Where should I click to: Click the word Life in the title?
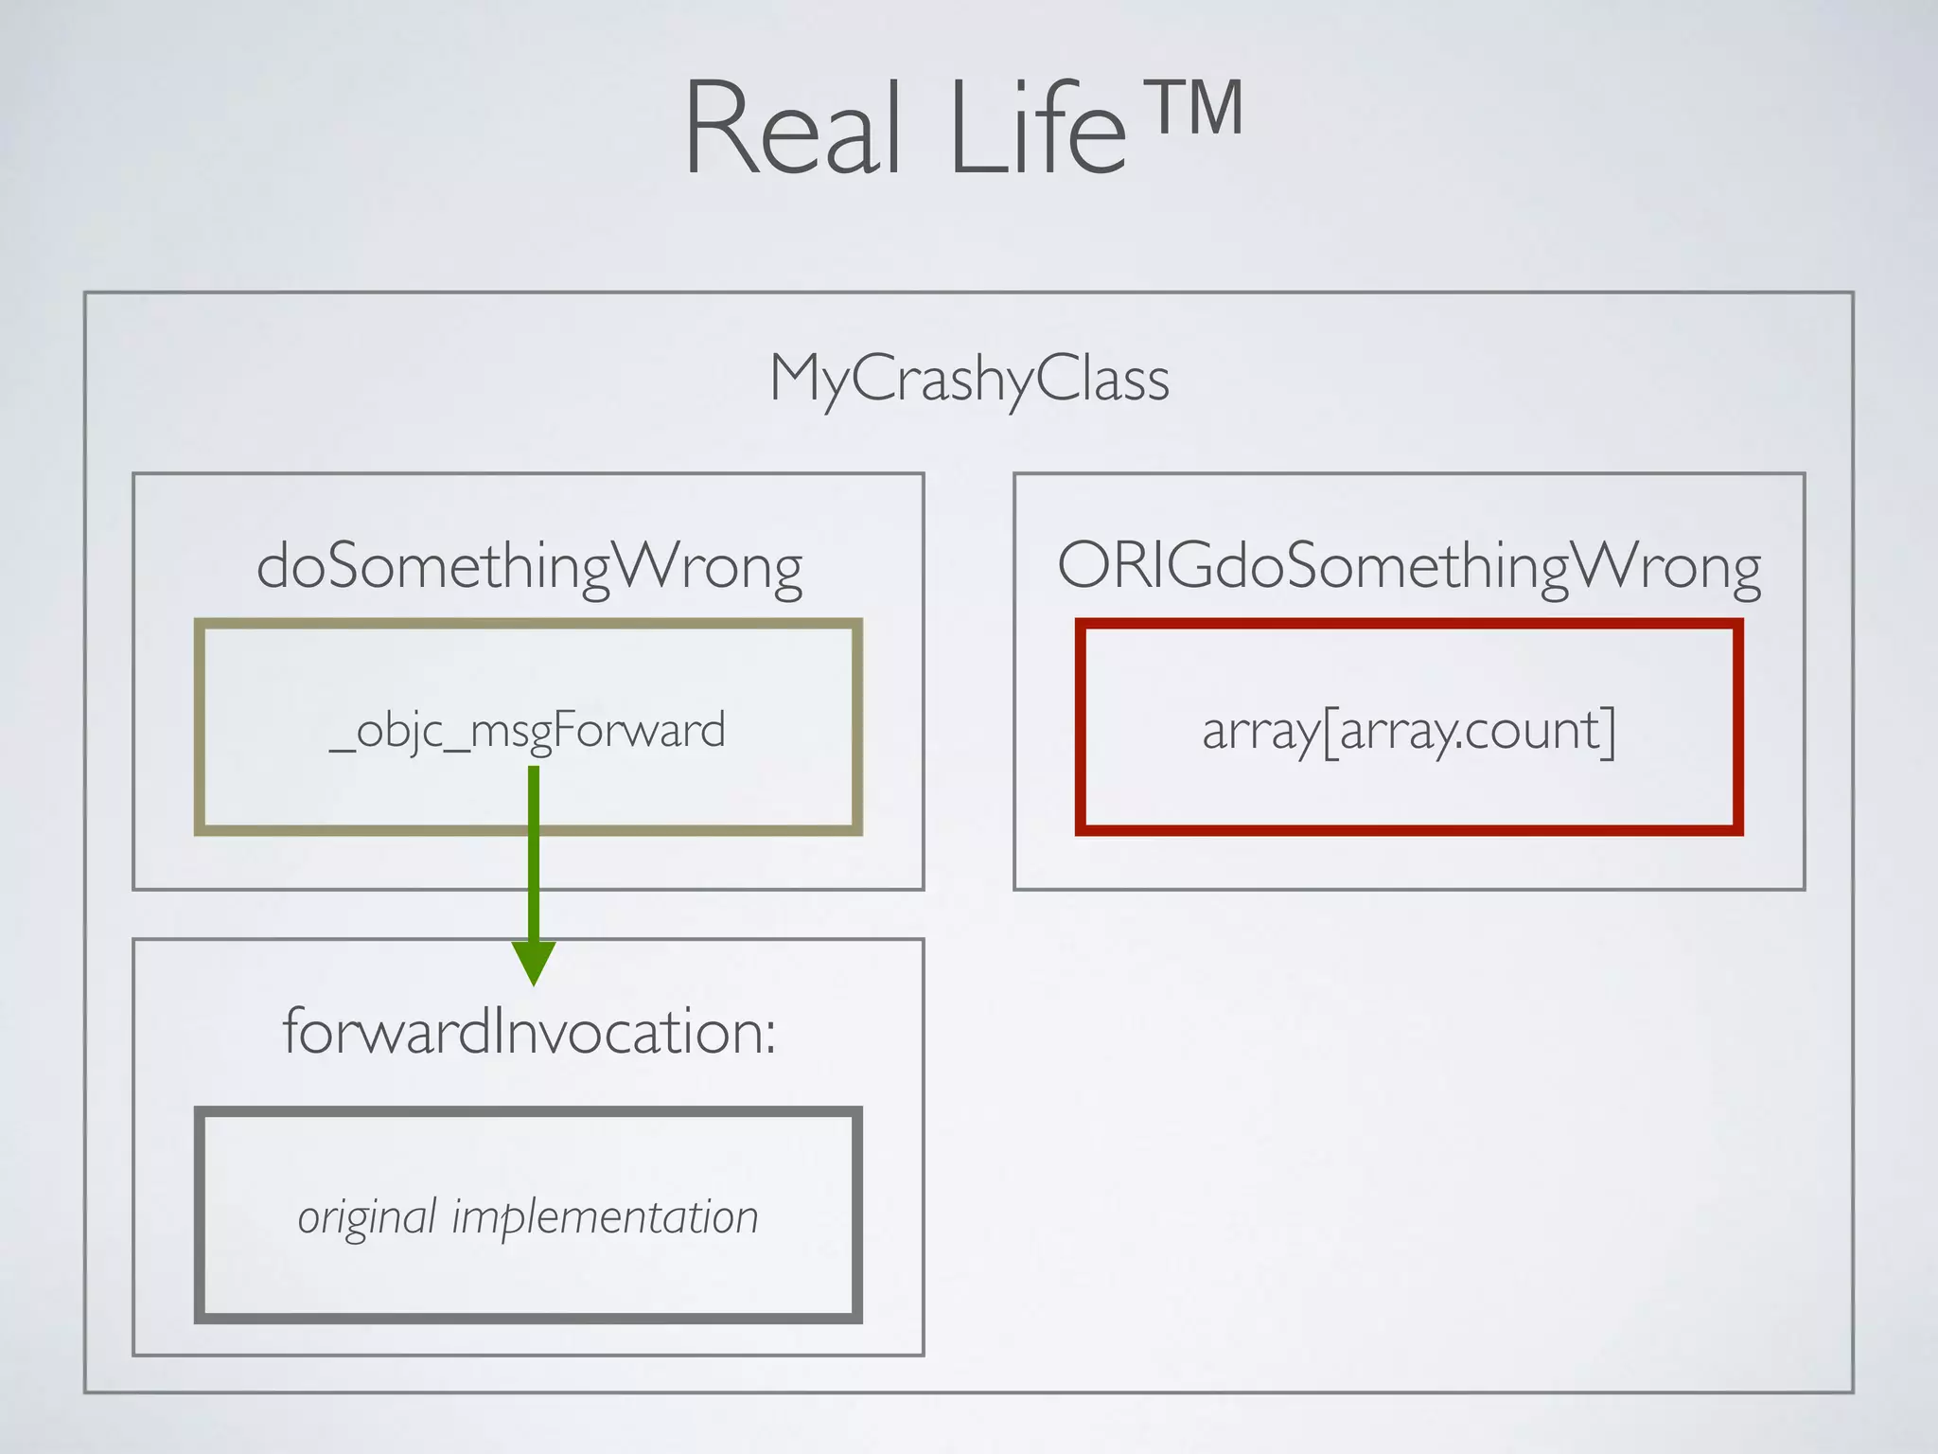[x=1038, y=128]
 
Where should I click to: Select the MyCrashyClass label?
[x=969, y=379]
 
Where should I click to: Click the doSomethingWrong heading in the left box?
[x=529, y=567]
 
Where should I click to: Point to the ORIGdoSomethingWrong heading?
[x=1409, y=567]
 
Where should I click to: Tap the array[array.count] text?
[x=1409, y=731]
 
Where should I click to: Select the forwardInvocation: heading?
[x=529, y=1031]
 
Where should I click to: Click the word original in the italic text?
[x=367, y=1217]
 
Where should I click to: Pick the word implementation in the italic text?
[x=605, y=1217]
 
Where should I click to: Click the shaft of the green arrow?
[x=534, y=852]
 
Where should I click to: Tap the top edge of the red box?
[x=1409, y=625]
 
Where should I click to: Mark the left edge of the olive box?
[x=200, y=727]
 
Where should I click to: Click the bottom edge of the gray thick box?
[x=528, y=1317]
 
